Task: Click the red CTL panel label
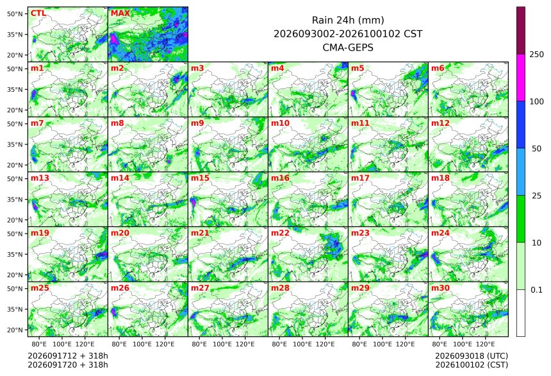(38, 13)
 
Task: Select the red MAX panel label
(120, 13)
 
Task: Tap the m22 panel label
(280, 233)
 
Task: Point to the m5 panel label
(358, 68)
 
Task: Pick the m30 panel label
(440, 288)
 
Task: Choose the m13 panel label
(40, 178)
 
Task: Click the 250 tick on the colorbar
(537, 54)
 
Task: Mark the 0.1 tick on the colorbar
(537, 290)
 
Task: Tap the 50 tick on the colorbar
(537, 149)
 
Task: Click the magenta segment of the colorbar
(521, 78)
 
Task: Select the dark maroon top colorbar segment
(521, 30)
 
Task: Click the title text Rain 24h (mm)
(348, 20)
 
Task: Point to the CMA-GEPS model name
(348, 47)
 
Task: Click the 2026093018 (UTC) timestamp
(472, 356)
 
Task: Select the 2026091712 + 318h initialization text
(68, 356)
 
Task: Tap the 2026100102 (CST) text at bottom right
(472, 364)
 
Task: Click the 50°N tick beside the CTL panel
(15, 13)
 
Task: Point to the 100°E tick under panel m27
(222, 344)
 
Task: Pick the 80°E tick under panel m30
(440, 344)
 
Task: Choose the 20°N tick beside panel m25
(15, 330)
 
